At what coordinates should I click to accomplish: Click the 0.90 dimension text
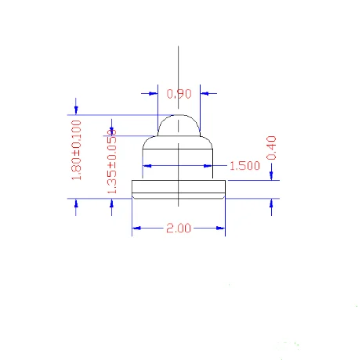tap(179, 94)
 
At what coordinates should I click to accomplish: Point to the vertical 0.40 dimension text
tap(272, 147)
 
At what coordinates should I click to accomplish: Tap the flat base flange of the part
tap(179, 189)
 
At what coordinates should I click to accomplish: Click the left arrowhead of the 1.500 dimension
tap(146, 166)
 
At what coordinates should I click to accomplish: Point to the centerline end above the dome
tap(179, 49)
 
